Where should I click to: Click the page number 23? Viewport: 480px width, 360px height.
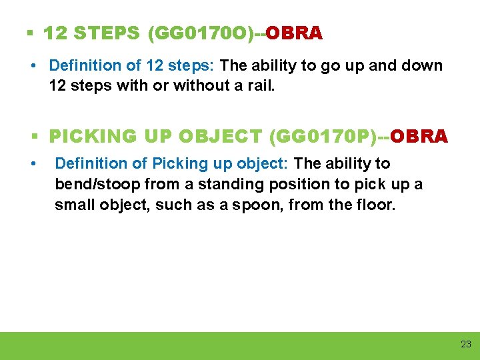(x=465, y=344)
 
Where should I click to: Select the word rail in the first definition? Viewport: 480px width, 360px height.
(x=261, y=86)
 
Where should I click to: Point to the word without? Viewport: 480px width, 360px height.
(x=197, y=86)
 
